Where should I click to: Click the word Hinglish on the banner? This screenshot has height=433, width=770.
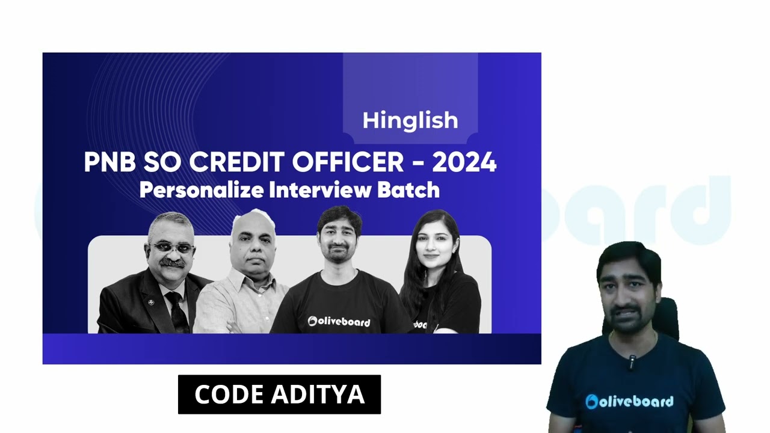pos(410,121)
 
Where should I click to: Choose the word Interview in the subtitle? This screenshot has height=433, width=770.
pos(320,190)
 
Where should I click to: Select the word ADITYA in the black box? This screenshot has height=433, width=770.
pos(318,395)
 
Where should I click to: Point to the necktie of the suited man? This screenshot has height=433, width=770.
pos(177,310)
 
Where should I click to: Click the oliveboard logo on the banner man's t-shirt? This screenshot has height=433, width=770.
pos(339,322)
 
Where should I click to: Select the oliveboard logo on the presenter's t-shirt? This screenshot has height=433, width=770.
pos(629,401)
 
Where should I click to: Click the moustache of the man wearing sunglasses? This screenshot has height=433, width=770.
pos(173,263)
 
